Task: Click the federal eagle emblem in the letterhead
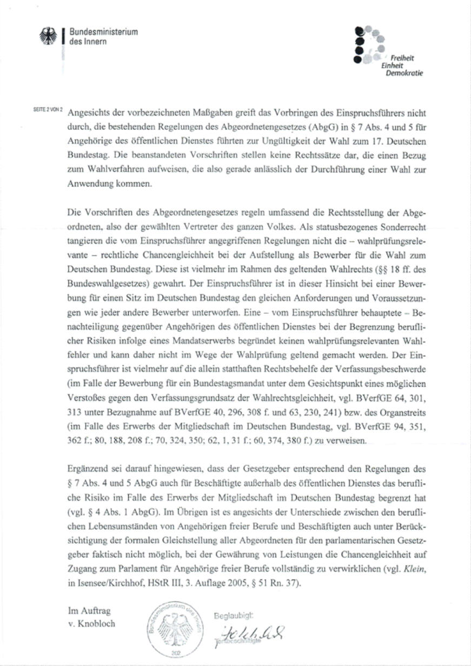(x=48, y=37)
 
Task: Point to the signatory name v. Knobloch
(x=91, y=624)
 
